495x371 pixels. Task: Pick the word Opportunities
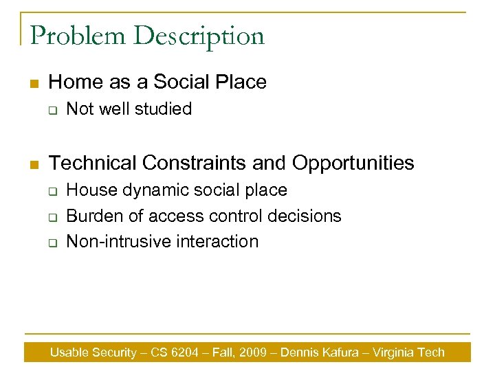click(x=353, y=163)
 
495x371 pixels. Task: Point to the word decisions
click(x=309, y=216)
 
